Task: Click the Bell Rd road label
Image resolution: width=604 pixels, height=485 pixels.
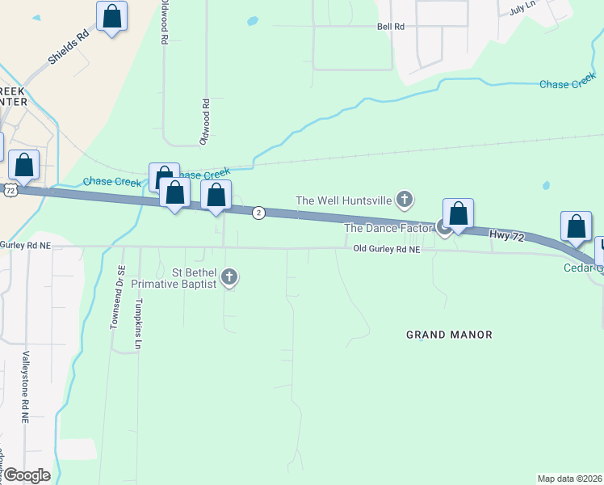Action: click(x=390, y=27)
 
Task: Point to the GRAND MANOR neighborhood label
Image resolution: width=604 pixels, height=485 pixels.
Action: click(x=449, y=335)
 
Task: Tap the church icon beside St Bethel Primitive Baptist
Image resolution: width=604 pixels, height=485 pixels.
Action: click(x=230, y=277)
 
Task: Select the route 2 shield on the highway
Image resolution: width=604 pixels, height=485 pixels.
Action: click(x=258, y=213)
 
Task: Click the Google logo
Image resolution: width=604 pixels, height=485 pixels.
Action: click(x=26, y=475)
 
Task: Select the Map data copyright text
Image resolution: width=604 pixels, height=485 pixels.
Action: click(x=569, y=479)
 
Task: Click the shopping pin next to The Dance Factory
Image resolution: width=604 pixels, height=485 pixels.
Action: click(x=458, y=215)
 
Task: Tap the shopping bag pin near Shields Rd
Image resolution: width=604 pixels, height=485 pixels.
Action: click(x=111, y=17)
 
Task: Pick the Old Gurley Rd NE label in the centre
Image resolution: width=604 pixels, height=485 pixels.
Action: click(x=387, y=250)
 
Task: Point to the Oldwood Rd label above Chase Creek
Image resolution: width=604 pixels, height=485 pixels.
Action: click(x=206, y=122)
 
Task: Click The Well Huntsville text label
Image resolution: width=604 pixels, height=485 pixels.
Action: click(x=344, y=200)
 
